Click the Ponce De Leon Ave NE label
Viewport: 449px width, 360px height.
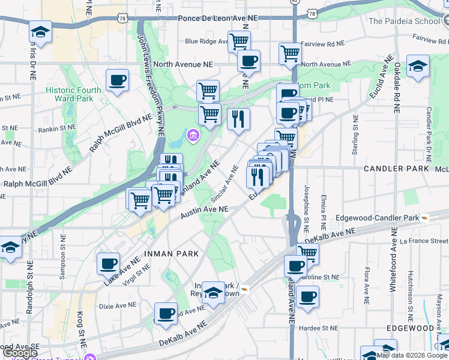tap(217, 18)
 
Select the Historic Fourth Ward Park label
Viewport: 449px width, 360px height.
tap(69, 94)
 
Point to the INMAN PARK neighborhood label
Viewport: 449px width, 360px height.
tap(170, 254)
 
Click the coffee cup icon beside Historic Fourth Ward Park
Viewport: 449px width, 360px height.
tap(117, 80)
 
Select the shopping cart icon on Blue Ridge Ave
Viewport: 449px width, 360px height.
tap(239, 42)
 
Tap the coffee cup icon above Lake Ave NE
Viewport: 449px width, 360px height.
tap(109, 263)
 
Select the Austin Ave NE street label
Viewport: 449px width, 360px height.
tap(205, 209)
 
